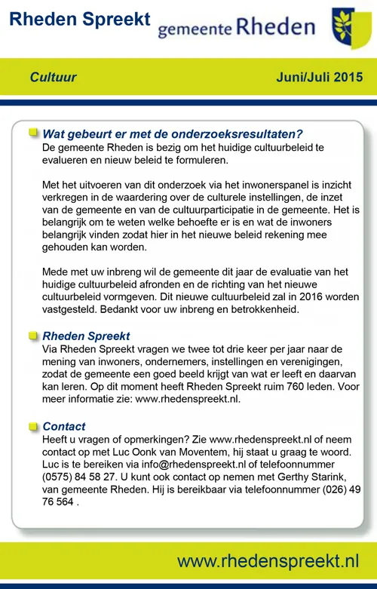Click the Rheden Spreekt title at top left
click(80, 20)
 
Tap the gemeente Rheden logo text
click(236, 28)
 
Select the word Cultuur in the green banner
click(54, 77)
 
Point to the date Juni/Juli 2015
click(320, 77)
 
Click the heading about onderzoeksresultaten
click(173, 134)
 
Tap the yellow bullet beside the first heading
click(33, 133)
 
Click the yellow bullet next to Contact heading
click(33, 426)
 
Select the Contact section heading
click(64, 426)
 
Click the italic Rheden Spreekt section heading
click(86, 336)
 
